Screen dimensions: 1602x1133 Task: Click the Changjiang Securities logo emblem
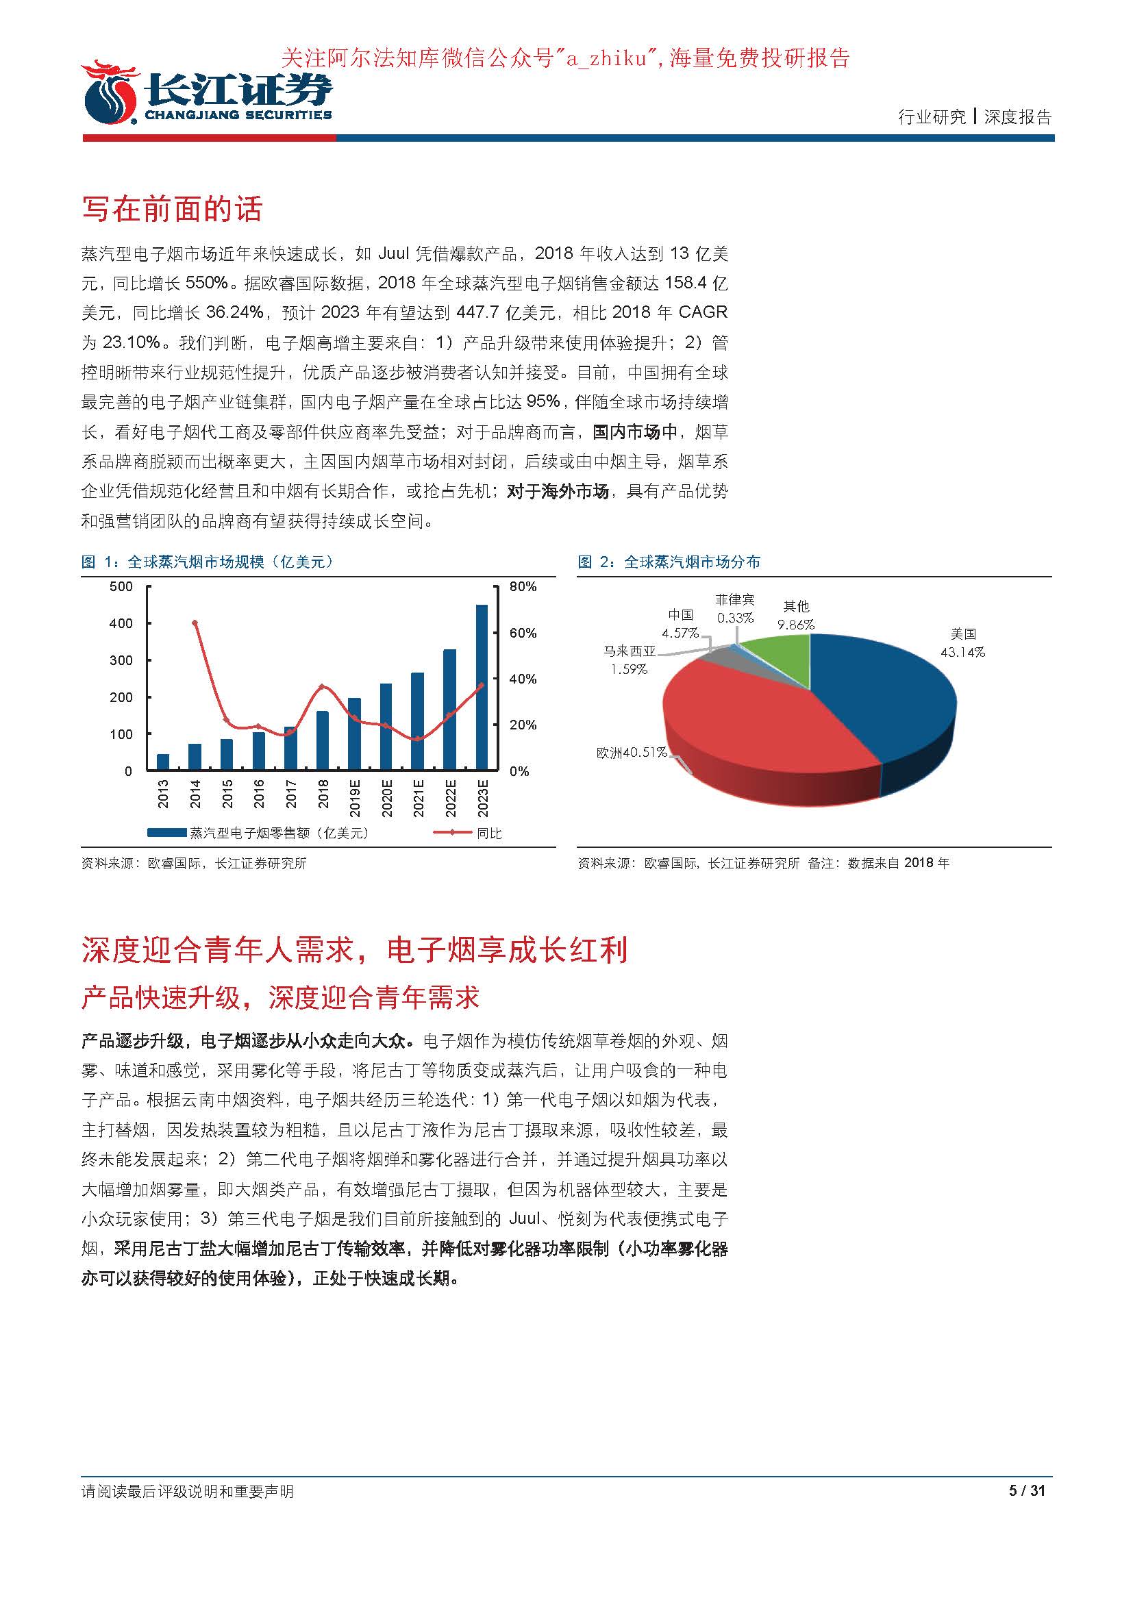coord(110,95)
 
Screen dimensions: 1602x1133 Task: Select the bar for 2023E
coord(482,687)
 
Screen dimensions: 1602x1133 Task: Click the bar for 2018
coord(323,740)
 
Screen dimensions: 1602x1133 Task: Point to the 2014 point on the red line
coord(195,623)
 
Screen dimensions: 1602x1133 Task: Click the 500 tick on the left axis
coord(121,586)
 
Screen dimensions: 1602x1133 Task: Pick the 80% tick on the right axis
coord(523,586)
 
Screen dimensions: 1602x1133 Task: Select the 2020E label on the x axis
coord(386,798)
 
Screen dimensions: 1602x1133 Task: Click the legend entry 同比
coord(488,833)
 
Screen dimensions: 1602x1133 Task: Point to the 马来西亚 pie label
coord(630,651)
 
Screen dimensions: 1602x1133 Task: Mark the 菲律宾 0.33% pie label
coord(734,608)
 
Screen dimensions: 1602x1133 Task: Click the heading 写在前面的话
coord(172,209)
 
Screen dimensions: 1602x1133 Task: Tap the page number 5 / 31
coord(1027,1491)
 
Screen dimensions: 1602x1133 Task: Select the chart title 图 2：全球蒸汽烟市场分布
coord(669,562)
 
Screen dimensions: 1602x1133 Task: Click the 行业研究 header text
coord(932,117)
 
